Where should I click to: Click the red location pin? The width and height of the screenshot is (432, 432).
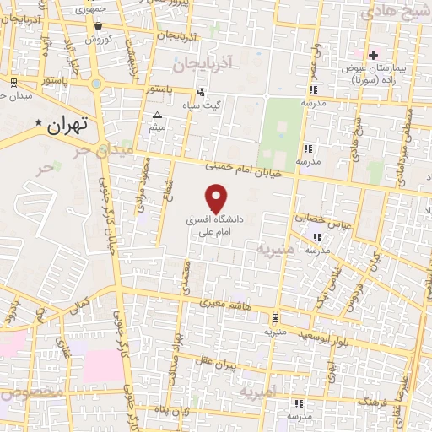click(218, 199)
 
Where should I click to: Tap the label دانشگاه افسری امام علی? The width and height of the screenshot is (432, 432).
click(215, 224)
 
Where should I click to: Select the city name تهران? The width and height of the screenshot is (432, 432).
click(69, 127)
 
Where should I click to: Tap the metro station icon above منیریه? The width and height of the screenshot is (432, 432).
click(276, 317)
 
